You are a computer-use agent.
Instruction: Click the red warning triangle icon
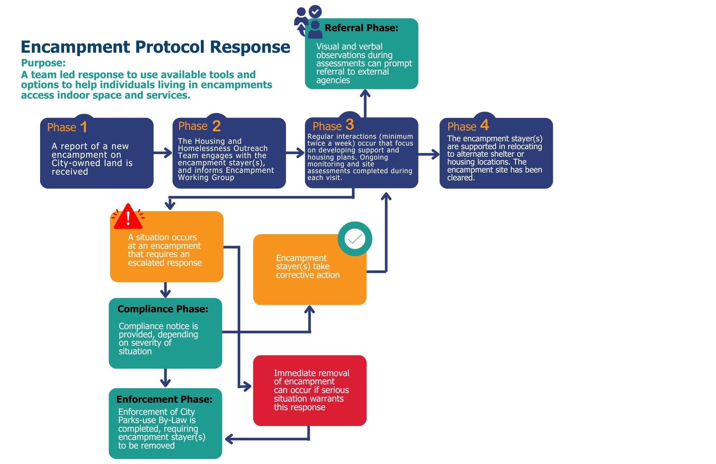[128, 217]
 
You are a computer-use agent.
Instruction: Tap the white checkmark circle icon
[355, 239]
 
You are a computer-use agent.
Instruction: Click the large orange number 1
[84, 127]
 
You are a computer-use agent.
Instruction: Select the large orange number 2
[216, 126]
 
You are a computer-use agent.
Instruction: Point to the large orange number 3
[350, 125]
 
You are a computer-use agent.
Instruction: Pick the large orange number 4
[484, 125]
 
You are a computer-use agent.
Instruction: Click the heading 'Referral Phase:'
[361, 28]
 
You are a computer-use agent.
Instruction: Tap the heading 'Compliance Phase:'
[163, 309]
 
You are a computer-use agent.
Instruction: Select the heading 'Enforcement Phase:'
[164, 399]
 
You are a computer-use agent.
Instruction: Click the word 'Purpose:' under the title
[43, 63]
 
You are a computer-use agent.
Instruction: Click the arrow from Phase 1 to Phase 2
[163, 153]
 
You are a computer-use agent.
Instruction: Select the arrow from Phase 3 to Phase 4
[429, 154]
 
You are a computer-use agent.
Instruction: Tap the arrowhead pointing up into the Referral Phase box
[365, 94]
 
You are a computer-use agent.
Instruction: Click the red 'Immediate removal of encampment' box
[310, 390]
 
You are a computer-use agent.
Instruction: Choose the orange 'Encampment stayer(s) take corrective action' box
[310, 270]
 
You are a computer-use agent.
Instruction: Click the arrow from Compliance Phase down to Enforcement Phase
[165, 378]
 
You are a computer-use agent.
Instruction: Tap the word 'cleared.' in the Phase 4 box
[461, 178]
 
